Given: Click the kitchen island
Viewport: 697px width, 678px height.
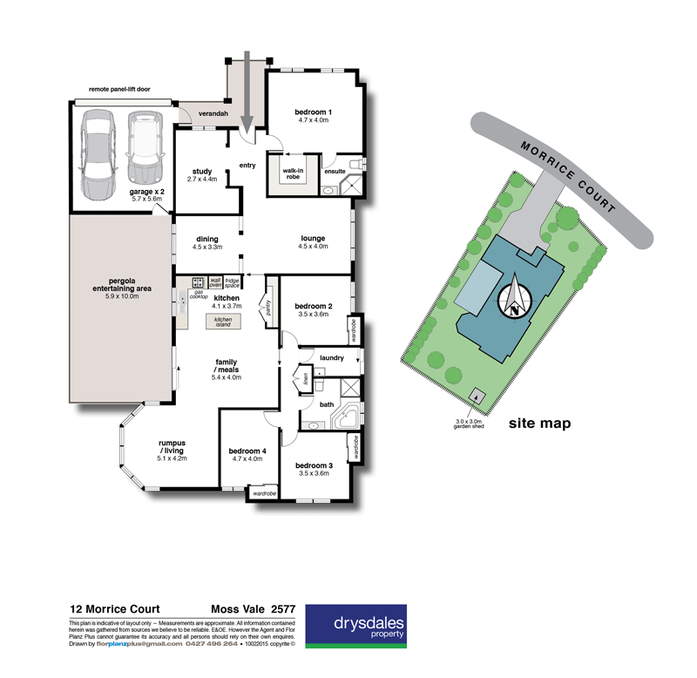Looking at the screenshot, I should pyautogui.click(x=223, y=322).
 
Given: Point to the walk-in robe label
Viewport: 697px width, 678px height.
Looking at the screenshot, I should pyautogui.click(x=293, y=173).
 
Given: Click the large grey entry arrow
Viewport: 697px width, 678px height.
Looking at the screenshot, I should pyautogui.click(x=247, y=92).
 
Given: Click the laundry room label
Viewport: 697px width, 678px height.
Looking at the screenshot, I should pyautogui.click(x=332, y=357).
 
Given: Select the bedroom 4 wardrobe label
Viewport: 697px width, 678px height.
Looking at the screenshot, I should pyautogui.click(x=263, y=494).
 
